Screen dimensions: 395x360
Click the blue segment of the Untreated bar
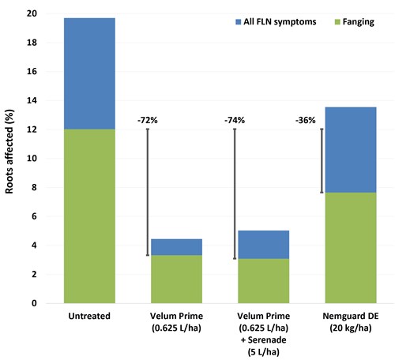(x=89, y=73)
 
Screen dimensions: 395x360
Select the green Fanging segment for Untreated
(x=89, y=216)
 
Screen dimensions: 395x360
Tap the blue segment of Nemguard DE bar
(x=351, y=150)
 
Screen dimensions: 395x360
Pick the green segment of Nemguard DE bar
(x=351, y=248)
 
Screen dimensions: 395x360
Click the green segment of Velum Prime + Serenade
(x=264, y=281)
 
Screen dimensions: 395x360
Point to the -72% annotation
(x=148, y=120)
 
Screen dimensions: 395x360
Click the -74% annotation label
(x=235, y=120)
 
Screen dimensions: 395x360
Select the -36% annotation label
(x=306, y=120)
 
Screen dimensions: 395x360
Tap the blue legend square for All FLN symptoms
(x=238, y=22)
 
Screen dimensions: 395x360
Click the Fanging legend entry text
(x=359, y=22)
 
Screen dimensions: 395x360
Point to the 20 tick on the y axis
(x=32, y=13)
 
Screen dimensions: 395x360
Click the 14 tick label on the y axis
(x=32, y=100)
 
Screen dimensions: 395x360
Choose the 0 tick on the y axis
(x=34, y=303)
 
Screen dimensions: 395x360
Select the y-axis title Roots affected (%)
(x=9, y=152)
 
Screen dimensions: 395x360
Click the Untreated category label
(x=89, y=316)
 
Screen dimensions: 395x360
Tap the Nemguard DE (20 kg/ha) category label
(x=351, y=322)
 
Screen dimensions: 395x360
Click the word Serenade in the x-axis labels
(x=267, y=339)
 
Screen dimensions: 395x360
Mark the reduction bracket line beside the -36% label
(x=322, y=161)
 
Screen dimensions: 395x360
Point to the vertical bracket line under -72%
(x=148, y=192)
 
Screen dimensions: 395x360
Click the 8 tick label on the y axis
(x=34, y=187)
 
